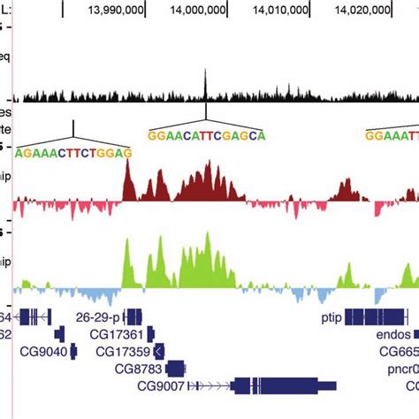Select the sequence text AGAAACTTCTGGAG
pos(74,152)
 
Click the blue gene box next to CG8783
pos(175,369)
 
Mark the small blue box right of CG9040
pos(75,352)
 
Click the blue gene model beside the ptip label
pos(376,316)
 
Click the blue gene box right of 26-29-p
pos(133,316)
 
